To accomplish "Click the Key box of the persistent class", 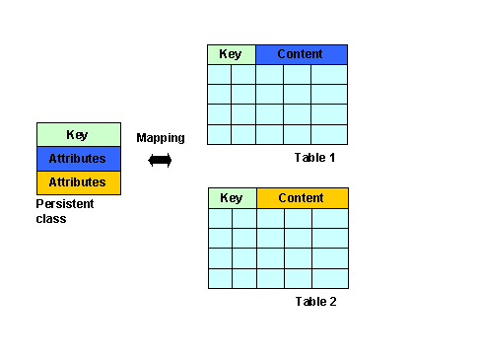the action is coord(79,134).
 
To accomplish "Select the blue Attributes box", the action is coord(79,159).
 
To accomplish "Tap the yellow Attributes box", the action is coord(79,182).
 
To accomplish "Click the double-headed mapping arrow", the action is coord(160,161).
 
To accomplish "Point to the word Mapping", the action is coord(161,138).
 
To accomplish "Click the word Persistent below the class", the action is coord(65,204).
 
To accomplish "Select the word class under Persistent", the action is coord(51,219).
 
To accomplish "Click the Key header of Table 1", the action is coord(232,54).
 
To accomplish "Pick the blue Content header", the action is coord(302,54).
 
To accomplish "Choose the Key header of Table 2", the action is coord(233,198).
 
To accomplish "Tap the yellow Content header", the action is coord(303,198).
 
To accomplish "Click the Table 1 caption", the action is coord(314,158).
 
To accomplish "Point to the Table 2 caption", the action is coord(315,302).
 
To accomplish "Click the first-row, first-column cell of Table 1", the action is coord(219,74).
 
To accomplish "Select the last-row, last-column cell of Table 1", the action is coord(329,135).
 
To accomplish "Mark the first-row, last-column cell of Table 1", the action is coord(329,74).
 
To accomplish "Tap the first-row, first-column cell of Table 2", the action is coord(220,218).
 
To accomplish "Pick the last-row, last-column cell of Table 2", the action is coord(330,279).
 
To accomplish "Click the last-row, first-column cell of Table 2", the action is coord(220,279).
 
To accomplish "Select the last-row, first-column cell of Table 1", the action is coord(219,135).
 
